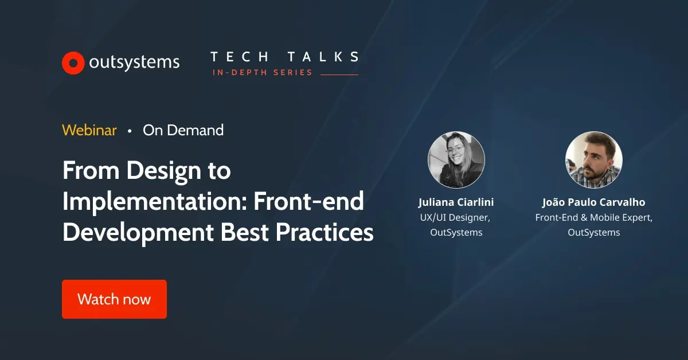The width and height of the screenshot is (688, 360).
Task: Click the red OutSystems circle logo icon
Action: pos(73,63)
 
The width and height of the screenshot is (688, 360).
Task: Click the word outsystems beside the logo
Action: pos(134,62)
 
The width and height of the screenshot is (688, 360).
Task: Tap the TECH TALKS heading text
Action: pos(284,57)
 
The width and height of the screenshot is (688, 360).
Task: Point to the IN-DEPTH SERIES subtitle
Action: pos(262,73)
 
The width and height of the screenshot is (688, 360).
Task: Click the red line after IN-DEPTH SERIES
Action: pos(339,75)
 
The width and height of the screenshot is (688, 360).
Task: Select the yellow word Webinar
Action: pos(89,130)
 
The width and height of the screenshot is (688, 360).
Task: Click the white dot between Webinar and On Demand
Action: pos(130,131)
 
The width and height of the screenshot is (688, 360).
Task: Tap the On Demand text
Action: pos(183,130)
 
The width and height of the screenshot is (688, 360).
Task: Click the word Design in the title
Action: pos(163,171)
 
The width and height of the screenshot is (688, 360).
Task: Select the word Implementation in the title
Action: pos(154,202)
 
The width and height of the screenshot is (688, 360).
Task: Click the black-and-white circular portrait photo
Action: pos(456,160)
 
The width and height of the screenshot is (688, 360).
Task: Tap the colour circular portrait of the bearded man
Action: pos(593,160)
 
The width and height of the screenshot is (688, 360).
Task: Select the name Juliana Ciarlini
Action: pos(456,202)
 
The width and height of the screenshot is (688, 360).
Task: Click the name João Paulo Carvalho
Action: pos(593,202)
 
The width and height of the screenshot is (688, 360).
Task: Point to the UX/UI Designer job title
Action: pos(456,217)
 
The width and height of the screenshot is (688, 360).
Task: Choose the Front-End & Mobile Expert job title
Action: pos(593,217)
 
